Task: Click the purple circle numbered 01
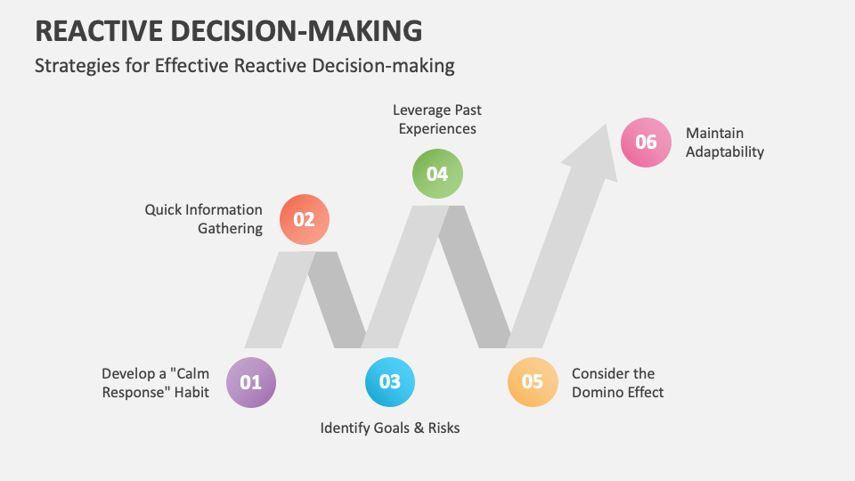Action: (251, 382)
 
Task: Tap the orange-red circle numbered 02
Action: (305, 219)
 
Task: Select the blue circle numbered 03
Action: (390, 382)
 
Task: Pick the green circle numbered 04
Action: (437, 174)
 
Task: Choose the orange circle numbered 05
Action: (533, 382)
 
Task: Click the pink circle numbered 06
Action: (646, 143)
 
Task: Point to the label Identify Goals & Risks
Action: (390, 428)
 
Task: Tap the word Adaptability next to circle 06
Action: (725, 152)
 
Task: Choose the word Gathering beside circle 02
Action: (230, 229)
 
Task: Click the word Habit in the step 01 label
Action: (191, 392)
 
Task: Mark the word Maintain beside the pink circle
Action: (714, 134)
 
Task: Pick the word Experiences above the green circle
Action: (437, 129)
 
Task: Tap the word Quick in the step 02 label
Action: (164, 210)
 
